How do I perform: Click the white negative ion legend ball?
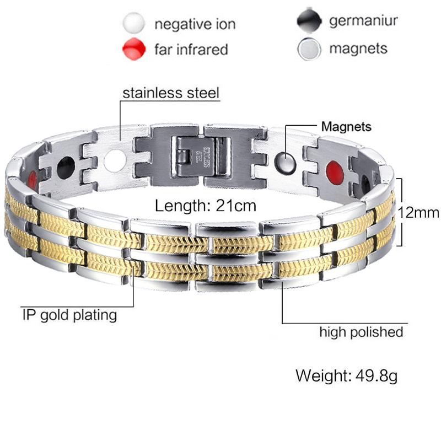(x=134, y=23)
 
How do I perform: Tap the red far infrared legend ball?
(x=134, y=49)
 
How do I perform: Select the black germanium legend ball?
(x=309, y=21)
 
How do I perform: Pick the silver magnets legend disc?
(x=309, y=49)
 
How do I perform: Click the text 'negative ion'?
(x=195, y=24)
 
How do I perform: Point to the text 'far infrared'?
(x=191, y=50)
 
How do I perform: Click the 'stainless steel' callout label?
(x=171, y=93)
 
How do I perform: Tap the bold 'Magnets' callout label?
(x=346, y=127)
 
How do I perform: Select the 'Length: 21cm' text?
(x=206, y=206)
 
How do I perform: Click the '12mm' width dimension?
(x=418, y=213)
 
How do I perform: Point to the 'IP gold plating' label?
(x=69, y=315)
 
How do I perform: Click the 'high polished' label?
(x=361, y=332)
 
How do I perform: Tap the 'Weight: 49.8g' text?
(x=347, y=376)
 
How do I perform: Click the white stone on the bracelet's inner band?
(x=115, y=160)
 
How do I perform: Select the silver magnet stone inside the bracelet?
(x=285, y=163)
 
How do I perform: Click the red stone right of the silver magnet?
(x=335, y=171)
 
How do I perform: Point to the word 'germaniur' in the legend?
(x=363, y=21)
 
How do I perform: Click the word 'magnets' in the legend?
(x=358, y=49)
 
